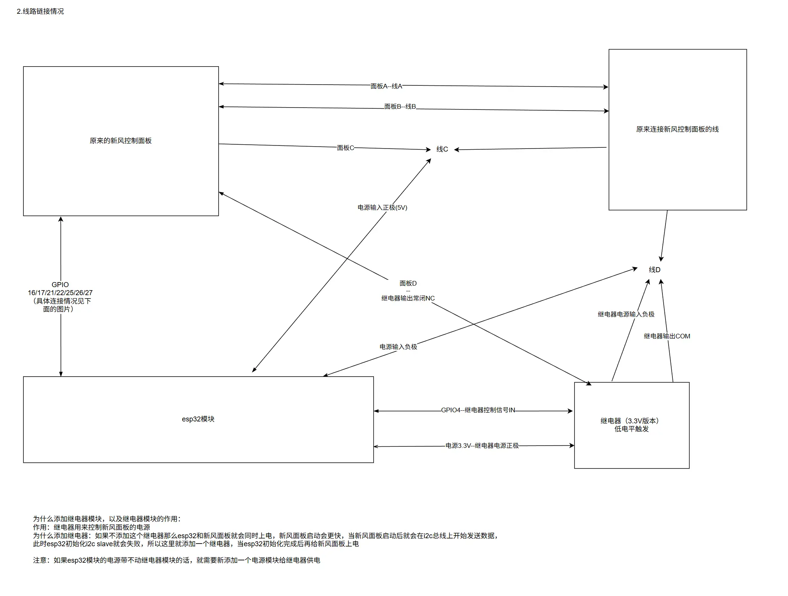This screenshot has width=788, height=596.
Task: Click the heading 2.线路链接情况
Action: (40, 11)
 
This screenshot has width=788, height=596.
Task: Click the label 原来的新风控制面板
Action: (121, 141)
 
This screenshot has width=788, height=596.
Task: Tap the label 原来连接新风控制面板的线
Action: (677, 129)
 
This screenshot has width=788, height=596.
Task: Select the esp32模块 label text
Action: (198, 419)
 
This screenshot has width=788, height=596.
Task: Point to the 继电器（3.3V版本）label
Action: (631, 421)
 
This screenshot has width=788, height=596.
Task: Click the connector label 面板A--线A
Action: (386, 87)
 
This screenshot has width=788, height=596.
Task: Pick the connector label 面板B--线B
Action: (400, 106)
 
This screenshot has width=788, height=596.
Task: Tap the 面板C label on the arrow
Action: (345, 148)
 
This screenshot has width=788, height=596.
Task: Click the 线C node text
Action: (442, 149)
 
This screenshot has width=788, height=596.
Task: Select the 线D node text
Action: (654, 270)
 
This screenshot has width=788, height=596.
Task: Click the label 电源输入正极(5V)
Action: (382, 207)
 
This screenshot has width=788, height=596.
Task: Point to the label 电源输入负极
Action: (398, 347)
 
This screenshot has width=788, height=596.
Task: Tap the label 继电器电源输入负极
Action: (626, 314)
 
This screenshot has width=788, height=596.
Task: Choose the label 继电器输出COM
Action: (667, 336)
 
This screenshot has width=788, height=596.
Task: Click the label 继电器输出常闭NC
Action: (408, 298)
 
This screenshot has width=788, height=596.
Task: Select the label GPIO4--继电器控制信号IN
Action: (478, 410)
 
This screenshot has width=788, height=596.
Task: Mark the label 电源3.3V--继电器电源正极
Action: (482, 446)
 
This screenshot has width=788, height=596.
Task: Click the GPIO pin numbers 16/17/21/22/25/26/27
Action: (60, 293)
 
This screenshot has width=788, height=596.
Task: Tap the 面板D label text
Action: (408, 283)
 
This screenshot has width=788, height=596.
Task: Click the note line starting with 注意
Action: (176, 560)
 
